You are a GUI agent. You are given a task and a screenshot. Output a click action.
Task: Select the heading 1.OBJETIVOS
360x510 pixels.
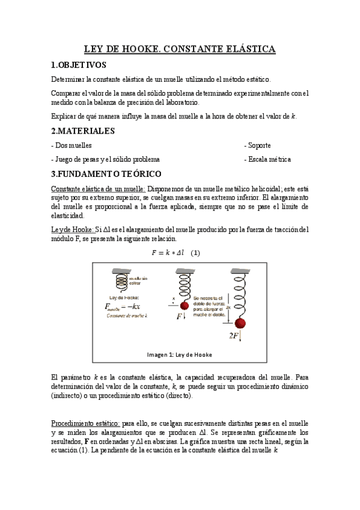[79, 64]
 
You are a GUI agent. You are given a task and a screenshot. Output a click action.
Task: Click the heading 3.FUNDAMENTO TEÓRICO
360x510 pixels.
[106, 174]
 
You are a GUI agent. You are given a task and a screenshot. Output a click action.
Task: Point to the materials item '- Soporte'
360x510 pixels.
[257, 146]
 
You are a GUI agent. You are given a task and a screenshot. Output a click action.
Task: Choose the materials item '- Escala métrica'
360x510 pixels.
[267, 159]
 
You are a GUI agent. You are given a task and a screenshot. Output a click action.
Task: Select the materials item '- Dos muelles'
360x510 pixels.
[72, 146]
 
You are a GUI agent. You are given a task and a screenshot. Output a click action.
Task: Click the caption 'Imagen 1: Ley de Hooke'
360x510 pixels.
[180, 354]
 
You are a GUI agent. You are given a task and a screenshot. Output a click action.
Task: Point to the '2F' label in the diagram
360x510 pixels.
[235, 336]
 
